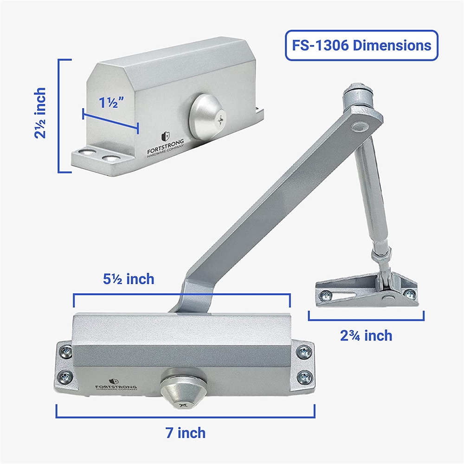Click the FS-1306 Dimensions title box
coord(361,45)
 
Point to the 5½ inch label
coord(128,279)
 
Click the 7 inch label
coord(185,433)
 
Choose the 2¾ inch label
coord(366,335)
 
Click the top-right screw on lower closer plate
coord(304,352)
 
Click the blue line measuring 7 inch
coord(186,417)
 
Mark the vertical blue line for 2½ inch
coord(59,116)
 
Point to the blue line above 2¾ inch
coord(366,320)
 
